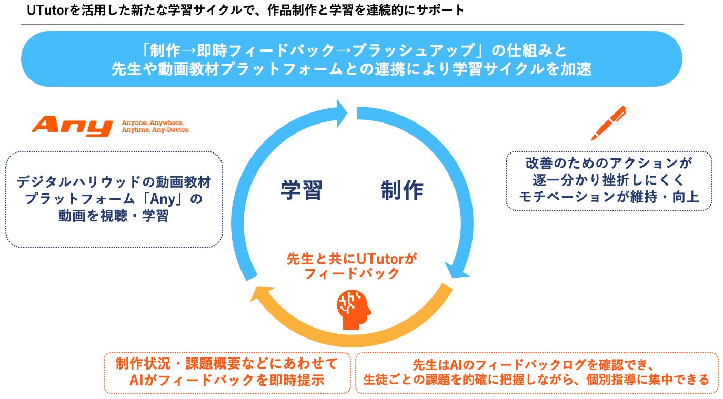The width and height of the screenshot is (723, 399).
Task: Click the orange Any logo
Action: tap(72, 127)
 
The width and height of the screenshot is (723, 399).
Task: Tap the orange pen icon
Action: tap(608, 123)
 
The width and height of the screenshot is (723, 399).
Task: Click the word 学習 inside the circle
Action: tap(301, 190)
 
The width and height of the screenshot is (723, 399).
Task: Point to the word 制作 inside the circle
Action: tap(401, 190)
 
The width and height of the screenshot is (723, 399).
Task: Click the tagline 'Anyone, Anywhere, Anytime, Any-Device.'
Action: tap(156, 126)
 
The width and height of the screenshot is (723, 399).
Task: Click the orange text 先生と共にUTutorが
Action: tap(352, 259)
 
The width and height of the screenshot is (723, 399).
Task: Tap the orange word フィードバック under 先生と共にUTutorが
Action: tap(352, 274)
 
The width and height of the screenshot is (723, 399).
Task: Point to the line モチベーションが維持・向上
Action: tap(608, 198)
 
